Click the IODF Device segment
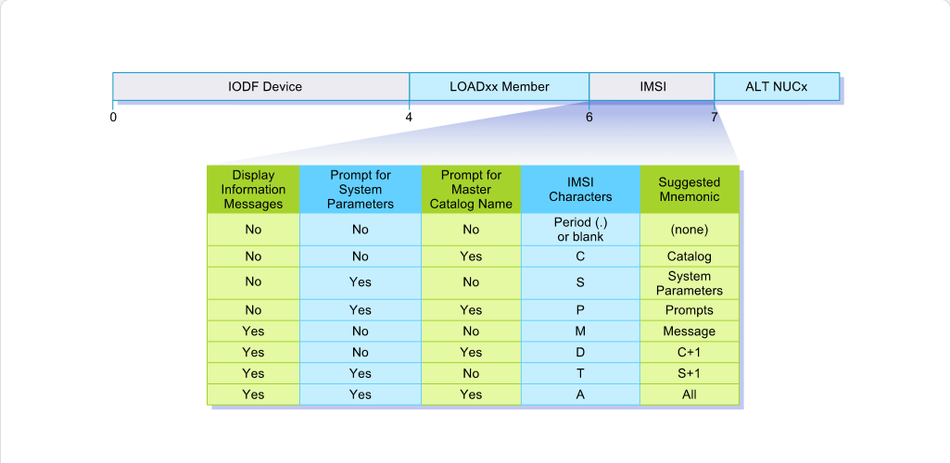pyautogui.click(x=261, y=86)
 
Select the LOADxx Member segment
pyautogui.click(x=500, y=86)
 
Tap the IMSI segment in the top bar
pyautogui.click(x=652, y=86)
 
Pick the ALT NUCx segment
pyautogui.click(x=777, y=86)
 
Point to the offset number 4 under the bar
pyautogui.click(x=409, y=117)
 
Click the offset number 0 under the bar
pyautogui.click(x=113, y=117)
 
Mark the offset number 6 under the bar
pyautogui.click(x=589, y=117)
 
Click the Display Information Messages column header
pyautogui.click(x=253, y=190)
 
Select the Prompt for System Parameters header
pyautogui.click(x=361, y=190)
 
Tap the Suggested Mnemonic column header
pyautogui.click(x=690, y=190)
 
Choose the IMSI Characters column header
pyautogui.click(x=580, y=190)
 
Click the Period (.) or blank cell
pyautogui.click(x=580, y=230)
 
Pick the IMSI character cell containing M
pyautogui.click(x=580, y=332)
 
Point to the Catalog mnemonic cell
pyautogui.click(x=690, y=256)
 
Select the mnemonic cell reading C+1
pyautogui.click(x=690, y=352)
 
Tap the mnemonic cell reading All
pyautogui.click(x=690, y=394)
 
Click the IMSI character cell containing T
pyautogui.click(x=580, y=373)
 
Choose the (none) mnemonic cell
pyautogui.click(x=690, y=230)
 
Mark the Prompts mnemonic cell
pyautogui.click(x=690, y=310)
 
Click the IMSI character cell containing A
pyautogui.click(x=580, y=394)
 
